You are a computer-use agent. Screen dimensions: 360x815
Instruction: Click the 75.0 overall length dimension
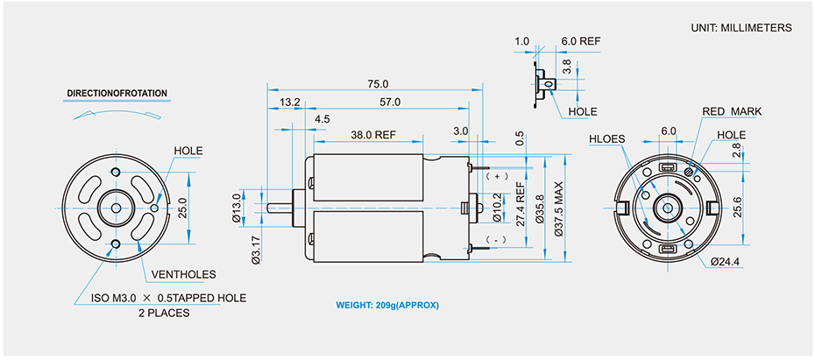(x=378, y=84)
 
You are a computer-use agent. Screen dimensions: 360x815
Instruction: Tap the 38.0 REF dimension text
(x=373, y=135)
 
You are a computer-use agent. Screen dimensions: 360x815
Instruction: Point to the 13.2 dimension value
(x=290, y=102)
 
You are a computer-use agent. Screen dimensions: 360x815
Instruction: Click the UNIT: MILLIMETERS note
(x=741, y=28)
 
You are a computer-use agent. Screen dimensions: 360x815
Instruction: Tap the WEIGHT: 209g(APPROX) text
(x=387, y=306)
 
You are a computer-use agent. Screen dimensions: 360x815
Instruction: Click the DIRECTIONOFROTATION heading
(x=117, y=93)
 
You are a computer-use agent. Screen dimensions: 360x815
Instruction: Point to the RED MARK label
(x=732, y=111)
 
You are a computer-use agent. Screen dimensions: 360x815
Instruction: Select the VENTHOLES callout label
(x=183, y=274)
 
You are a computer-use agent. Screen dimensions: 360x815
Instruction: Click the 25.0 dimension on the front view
(x=182, y=208)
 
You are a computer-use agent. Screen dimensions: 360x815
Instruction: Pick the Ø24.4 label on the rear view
(x=727, y=261)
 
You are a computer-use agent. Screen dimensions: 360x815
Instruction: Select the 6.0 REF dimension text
(x=581, y=41)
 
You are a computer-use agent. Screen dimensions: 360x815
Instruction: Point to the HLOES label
(x=606, y=138)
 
